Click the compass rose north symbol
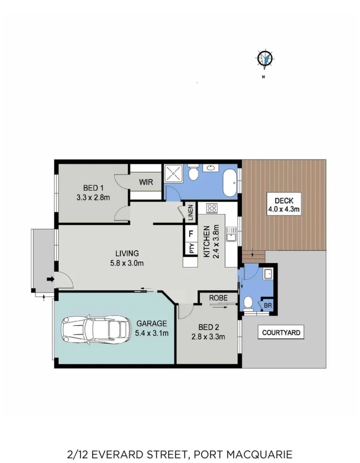click(265, 59)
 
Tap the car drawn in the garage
click(96, 329)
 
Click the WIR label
click(146, 182)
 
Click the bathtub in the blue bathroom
click(230, 182)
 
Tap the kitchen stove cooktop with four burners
click(212, 209)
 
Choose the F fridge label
click(191, 234)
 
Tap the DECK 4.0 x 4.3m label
click(284, 205)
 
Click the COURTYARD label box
click(281, 332)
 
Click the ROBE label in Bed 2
click(217, 298)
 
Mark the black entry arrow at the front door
click(50, 280)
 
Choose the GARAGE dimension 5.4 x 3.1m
click(152, 333)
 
